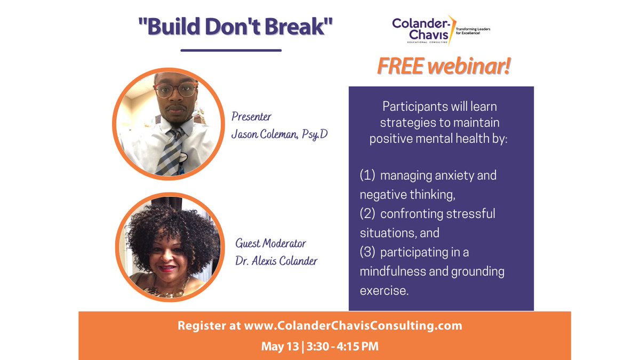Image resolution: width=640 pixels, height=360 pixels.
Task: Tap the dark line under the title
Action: point(230,51)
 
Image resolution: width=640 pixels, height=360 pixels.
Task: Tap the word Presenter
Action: point(251,116)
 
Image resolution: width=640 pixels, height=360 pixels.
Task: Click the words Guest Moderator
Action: point(271,244)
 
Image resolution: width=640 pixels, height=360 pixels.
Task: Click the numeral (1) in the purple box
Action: point(368,175)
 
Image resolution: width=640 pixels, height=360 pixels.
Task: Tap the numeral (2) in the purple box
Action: point(368,214)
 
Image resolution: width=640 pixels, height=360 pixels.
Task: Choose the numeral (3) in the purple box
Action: point(368,252)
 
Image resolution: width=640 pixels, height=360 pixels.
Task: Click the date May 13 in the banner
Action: point(279,346)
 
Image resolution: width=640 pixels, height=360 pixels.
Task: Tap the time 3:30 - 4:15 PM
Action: point(341,346)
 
